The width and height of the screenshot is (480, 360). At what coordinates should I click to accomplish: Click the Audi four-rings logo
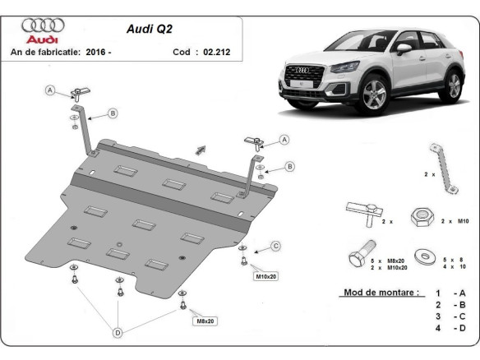(x=43, y=26)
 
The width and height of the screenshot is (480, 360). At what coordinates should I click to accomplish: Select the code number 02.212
(x=215, y=52)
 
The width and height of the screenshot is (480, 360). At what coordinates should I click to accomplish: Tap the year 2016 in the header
(x=95, y=52)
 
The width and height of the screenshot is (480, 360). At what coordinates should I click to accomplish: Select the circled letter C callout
(x=276, y=245)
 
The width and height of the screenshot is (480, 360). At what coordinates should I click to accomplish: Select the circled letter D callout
(x=117, y=333)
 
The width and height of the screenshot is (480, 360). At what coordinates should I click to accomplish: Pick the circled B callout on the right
(x=288, y=167)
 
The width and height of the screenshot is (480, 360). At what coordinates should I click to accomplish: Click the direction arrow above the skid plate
(x=199, y=149)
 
